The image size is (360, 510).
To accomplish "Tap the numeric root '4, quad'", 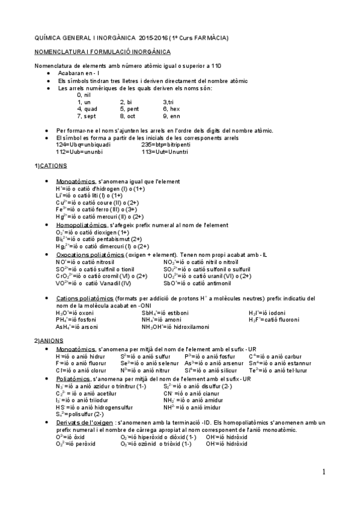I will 87,109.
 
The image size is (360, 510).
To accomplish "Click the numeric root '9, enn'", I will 171,116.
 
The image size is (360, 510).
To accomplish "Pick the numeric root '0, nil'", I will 84,95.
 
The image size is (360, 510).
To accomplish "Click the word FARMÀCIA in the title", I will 209,38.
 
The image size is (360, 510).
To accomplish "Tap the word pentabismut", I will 102,239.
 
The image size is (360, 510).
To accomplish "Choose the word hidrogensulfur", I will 108,407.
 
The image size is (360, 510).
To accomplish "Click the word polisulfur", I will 78,414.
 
